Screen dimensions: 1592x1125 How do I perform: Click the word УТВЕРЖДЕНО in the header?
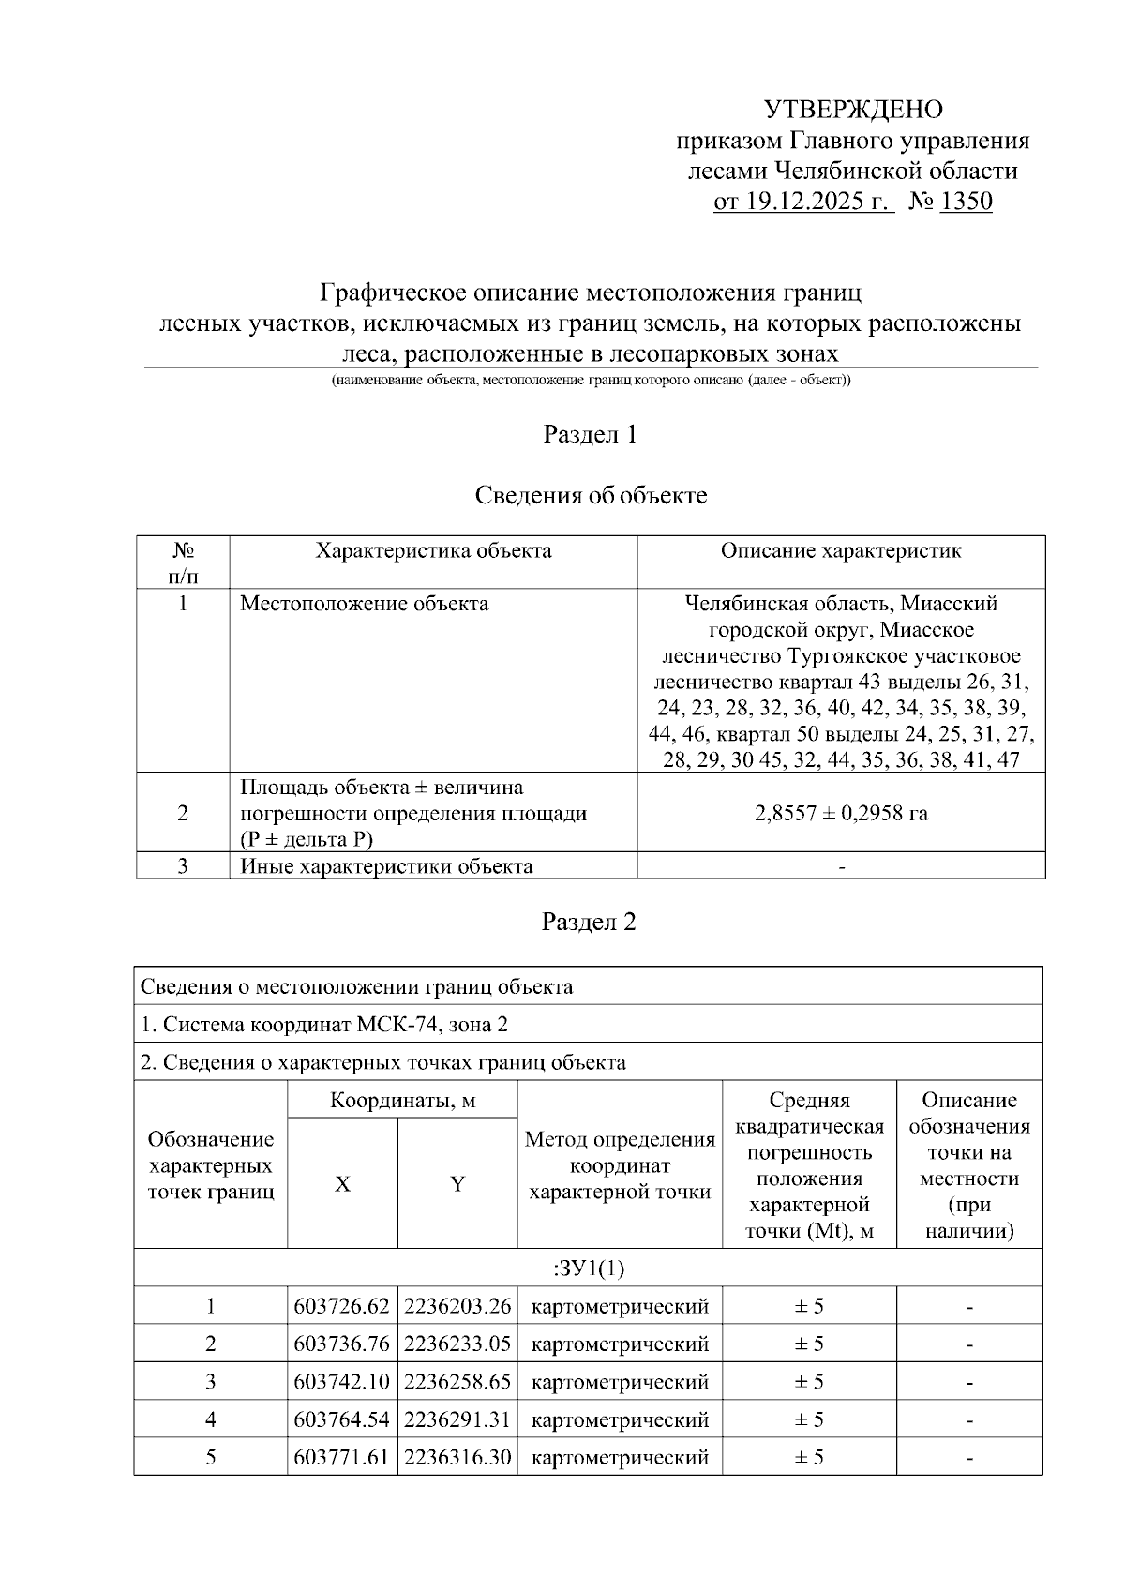click(853, 110)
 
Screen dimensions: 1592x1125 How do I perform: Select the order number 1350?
click(965, 201)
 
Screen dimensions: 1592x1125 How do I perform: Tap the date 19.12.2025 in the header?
click(803, 201)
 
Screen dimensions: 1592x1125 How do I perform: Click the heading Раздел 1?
click(591, 434)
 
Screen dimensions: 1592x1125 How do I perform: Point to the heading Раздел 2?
click(590, 922)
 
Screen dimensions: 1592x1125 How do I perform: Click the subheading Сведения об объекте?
click(591, 495)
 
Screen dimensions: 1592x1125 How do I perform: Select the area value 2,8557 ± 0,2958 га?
click(841, 813)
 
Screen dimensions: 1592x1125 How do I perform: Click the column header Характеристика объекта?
click(433, 550)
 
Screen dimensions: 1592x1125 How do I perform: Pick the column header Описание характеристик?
click(841, 550)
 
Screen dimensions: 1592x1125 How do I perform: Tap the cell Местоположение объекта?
click(364, 603)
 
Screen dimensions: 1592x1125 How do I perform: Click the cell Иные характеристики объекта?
click(386, 865)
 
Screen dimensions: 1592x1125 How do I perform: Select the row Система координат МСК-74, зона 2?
click(324, 1024)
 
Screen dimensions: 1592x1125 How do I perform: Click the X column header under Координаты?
click(343, 1184)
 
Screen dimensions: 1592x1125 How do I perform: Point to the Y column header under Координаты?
click(457, 1184)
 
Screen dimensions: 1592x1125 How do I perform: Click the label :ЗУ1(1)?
click(589, 1268)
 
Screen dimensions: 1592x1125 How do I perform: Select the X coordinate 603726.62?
click(341, 1306)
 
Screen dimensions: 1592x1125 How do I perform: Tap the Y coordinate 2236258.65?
click(457, 1381)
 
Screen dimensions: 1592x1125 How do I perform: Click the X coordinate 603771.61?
click(341, 1457)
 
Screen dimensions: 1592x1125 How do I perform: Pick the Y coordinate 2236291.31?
click(457, 1419)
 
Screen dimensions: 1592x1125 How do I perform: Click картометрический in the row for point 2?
click(620, 1344)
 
